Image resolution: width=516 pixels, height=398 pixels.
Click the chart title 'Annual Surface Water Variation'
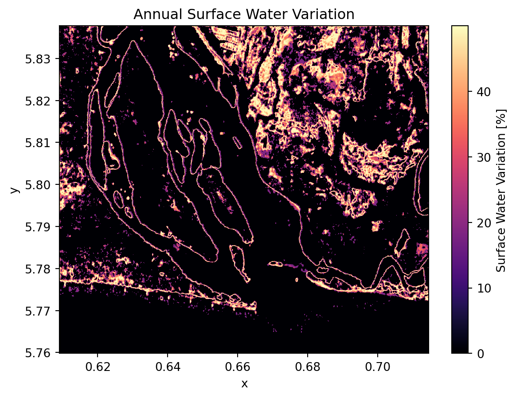(x=244, y=15)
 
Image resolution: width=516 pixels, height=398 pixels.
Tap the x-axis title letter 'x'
(x=244, y=384)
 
